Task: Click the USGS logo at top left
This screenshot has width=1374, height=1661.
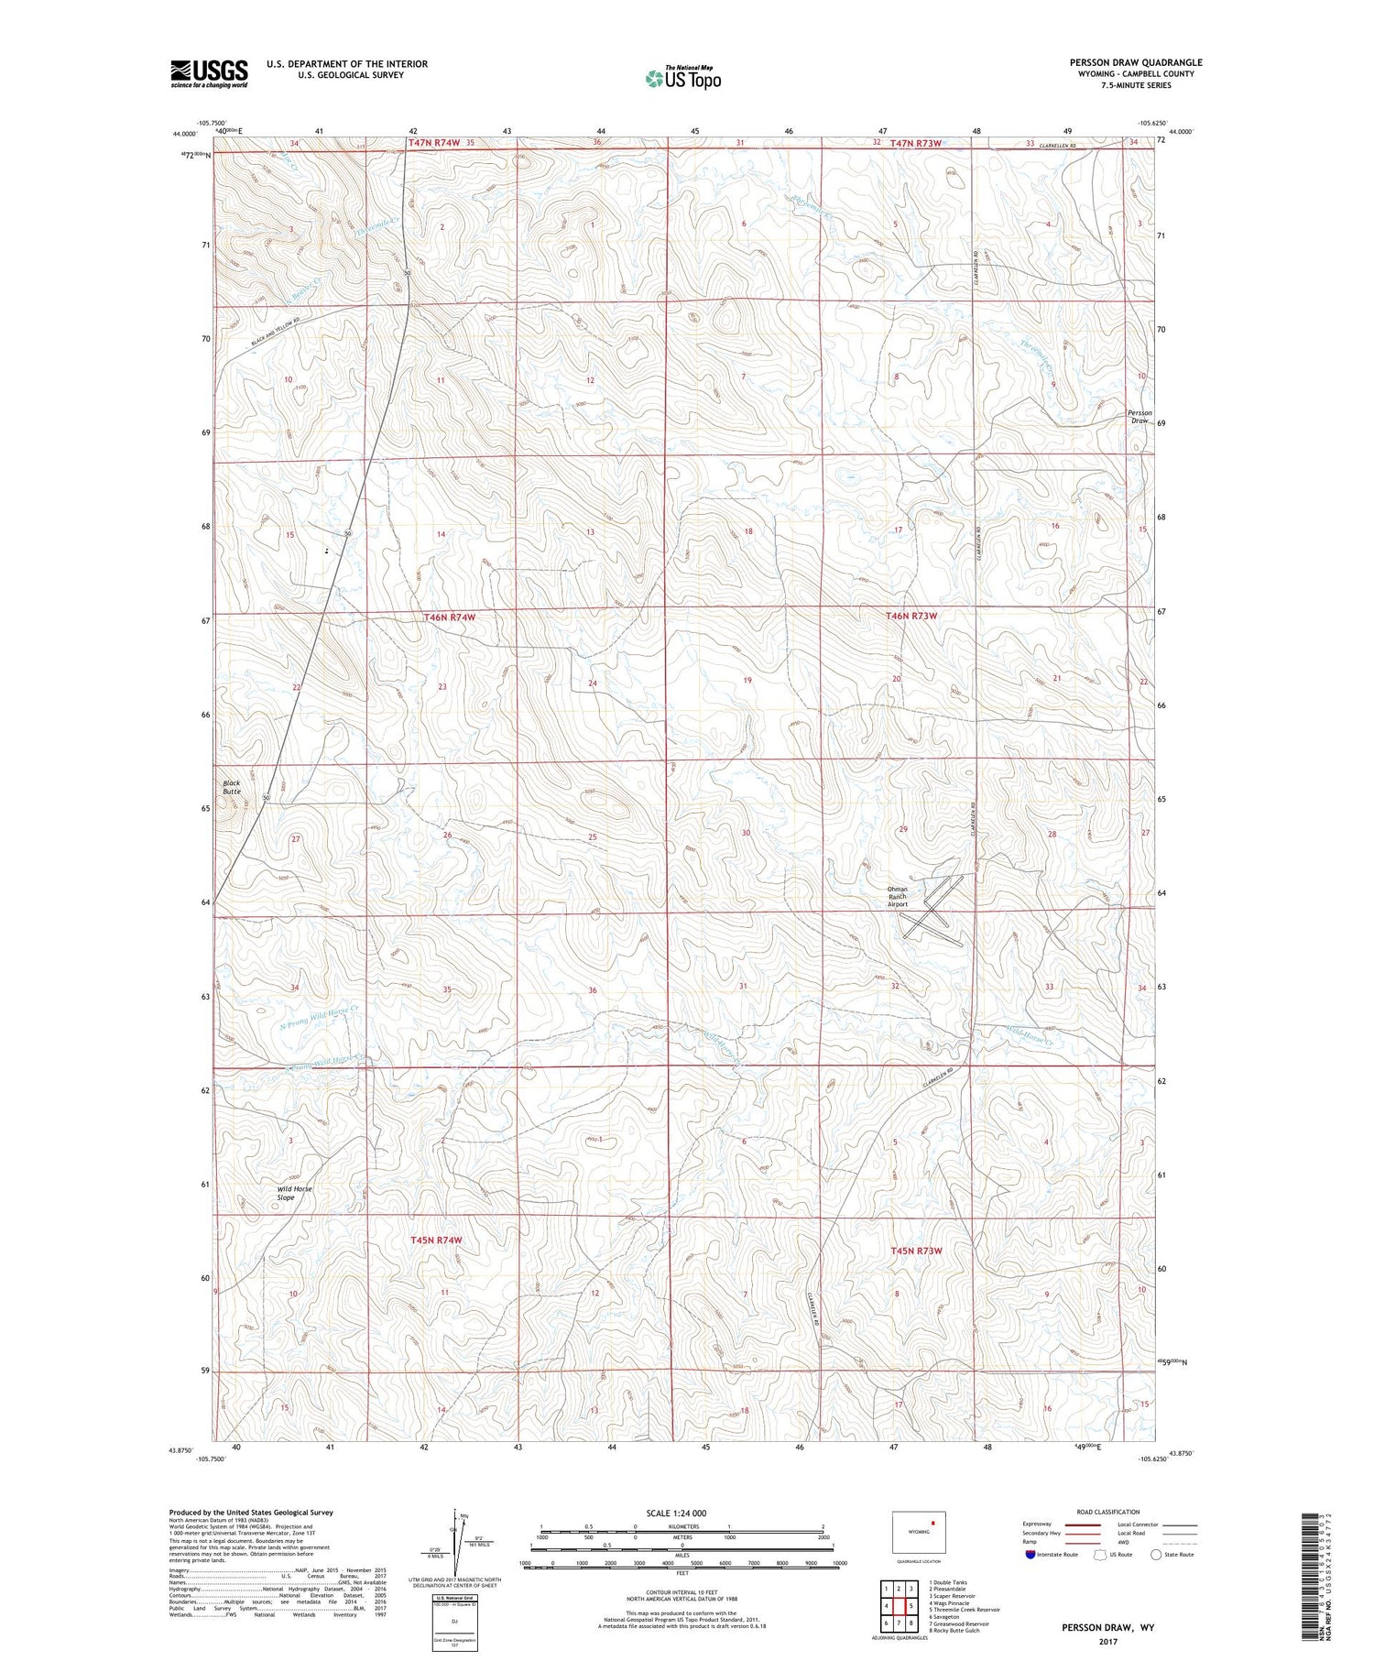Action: (x=209, y=73)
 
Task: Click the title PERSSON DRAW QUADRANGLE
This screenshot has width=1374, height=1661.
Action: (x=1135, y=62)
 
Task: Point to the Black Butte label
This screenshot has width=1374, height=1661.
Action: (x=231, y=787)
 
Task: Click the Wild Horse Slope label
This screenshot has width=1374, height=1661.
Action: (x=294, y=1193)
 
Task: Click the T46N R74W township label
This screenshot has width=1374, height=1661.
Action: (x=450, y=617)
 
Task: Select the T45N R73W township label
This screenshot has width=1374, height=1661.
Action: (x=916, y=1250)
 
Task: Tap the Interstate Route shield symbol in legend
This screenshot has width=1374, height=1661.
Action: (x=1030, y=1555)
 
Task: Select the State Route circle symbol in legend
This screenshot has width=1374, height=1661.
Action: (x=1156, y=1555)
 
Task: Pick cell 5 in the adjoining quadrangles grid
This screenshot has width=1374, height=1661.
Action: (x=911, y=1606)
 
